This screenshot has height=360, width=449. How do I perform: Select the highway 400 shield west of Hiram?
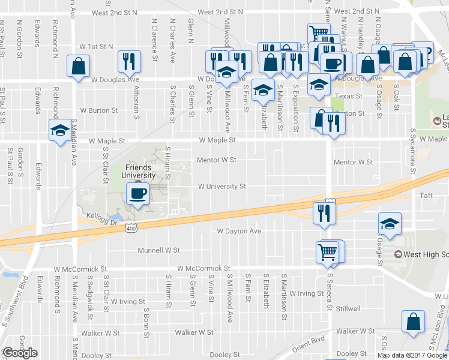coord(131,228)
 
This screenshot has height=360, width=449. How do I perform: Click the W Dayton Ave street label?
coord(239,231)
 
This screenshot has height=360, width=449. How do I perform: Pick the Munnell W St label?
coord(159,250)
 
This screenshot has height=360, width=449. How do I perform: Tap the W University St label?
coord(222,187)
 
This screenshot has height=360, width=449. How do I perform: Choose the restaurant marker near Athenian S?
coord(130,61)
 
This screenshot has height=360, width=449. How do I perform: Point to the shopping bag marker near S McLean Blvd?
coord(414,322)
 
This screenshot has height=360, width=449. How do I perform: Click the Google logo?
coord(19,353)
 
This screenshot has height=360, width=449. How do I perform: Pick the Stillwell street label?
coord(348,308)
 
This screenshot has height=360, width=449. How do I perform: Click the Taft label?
coord(426,196)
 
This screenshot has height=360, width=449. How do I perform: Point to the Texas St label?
coord(349,96)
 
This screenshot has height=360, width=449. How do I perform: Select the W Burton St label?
coord(98,111)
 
